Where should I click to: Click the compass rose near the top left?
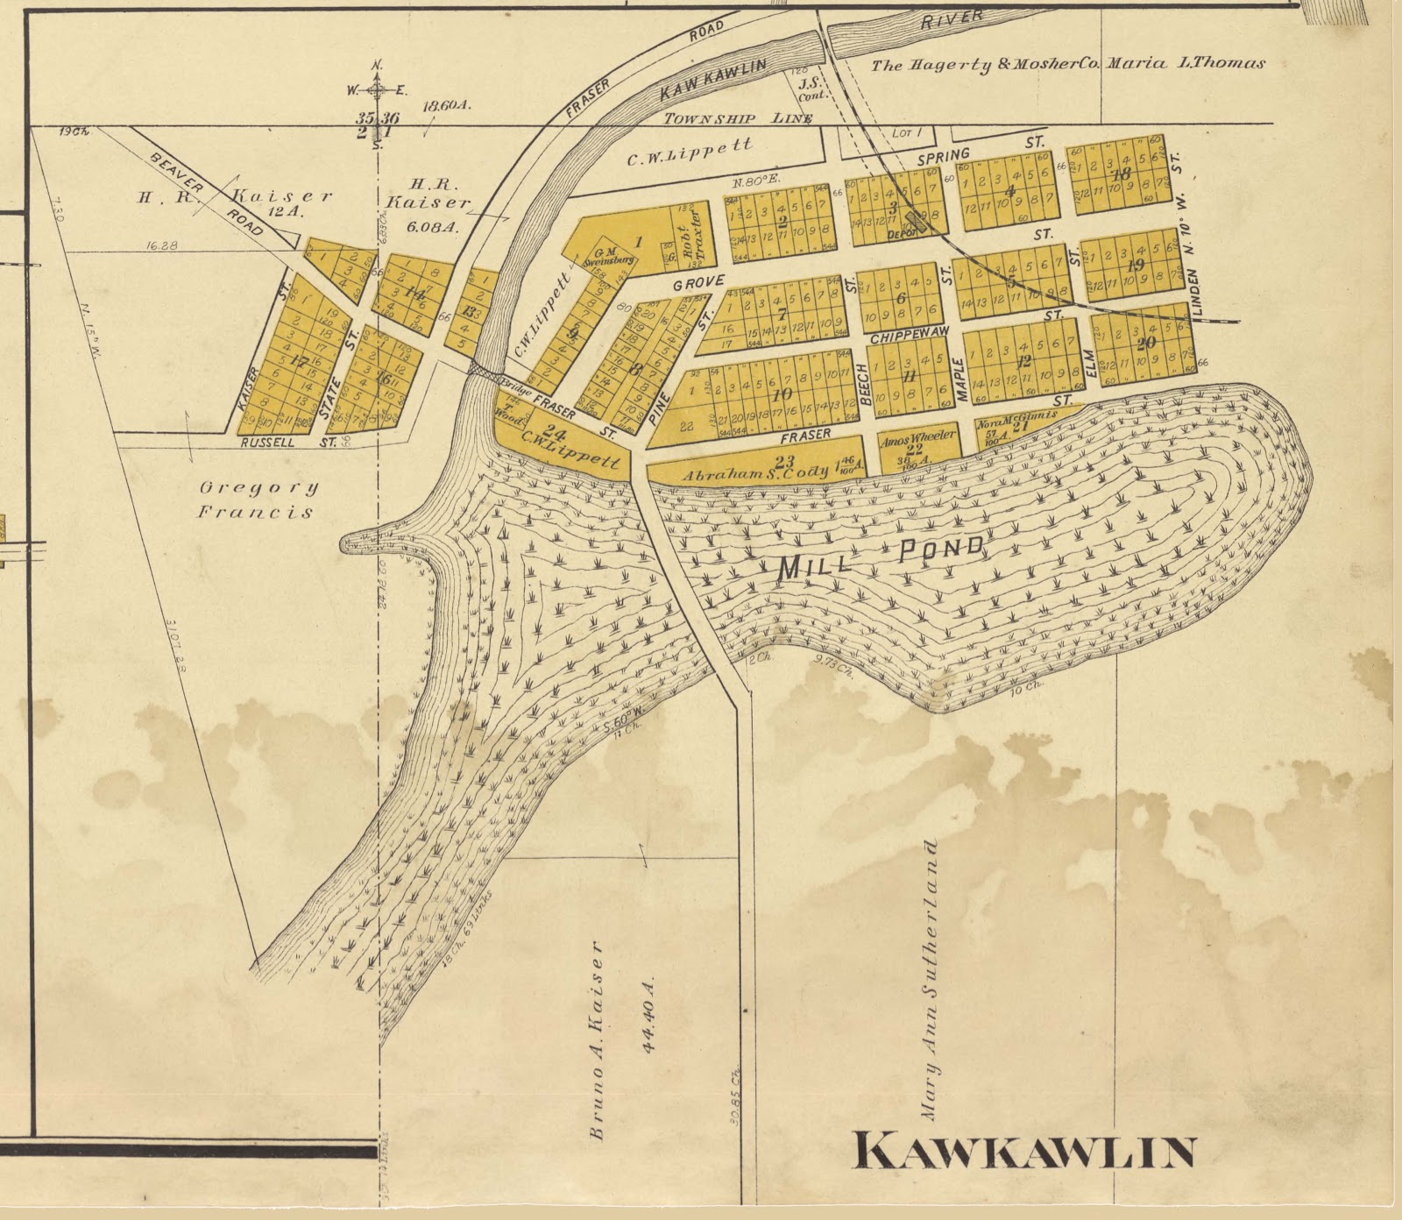(377, 89)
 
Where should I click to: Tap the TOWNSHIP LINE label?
(737, 118)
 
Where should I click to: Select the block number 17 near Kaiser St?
(298, 361)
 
